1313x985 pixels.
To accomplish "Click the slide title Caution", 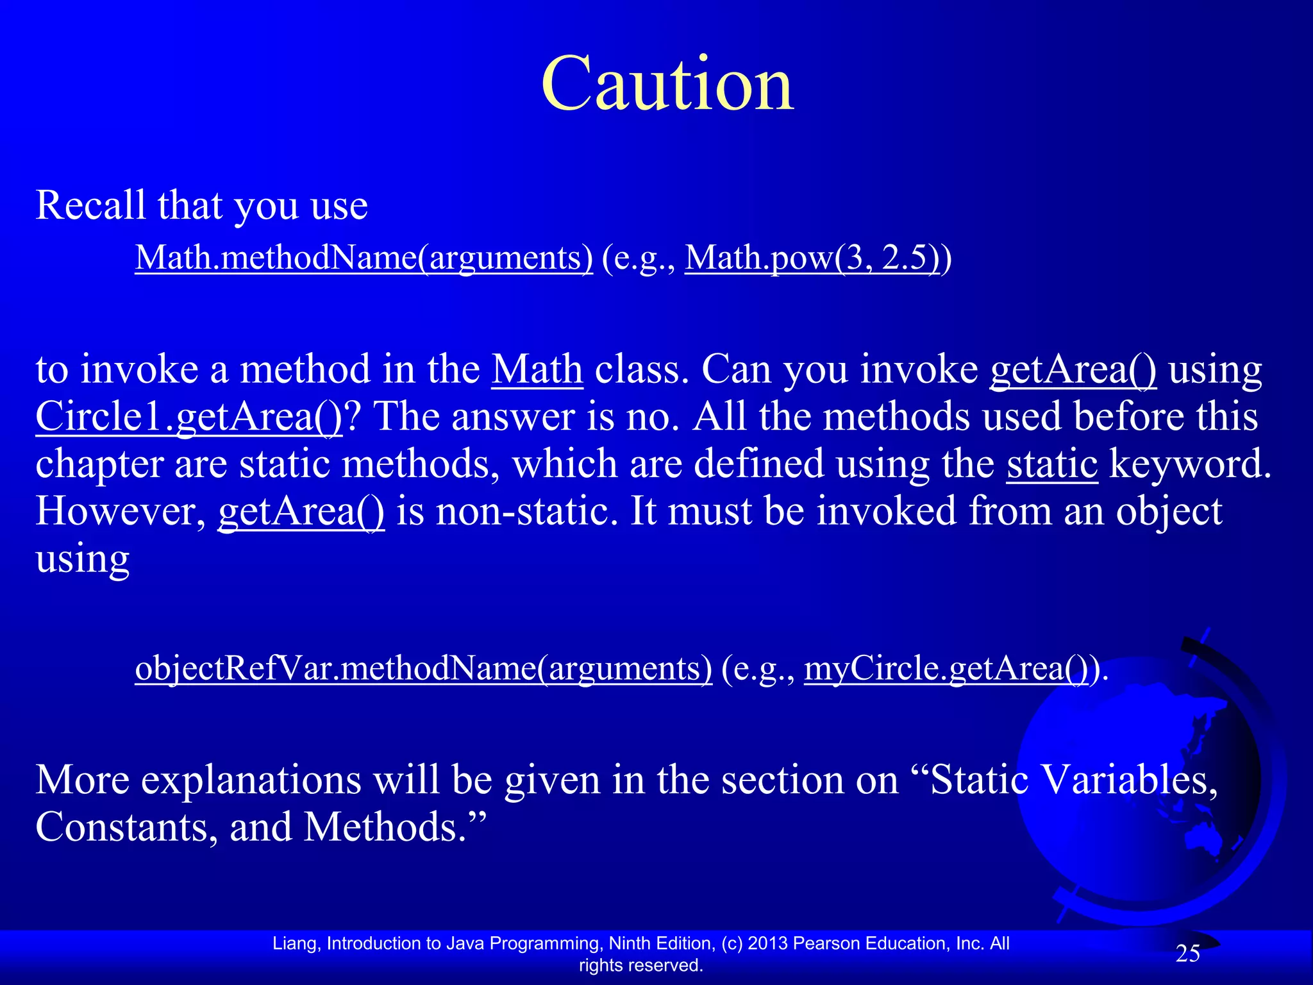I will click(667, 84).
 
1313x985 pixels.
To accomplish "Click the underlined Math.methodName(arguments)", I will click(364, 258).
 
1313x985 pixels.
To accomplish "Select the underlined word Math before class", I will click(537, 370).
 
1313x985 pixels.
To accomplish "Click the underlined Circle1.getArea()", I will click(189, 417).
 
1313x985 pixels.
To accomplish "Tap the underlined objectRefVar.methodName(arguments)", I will click(423, 668).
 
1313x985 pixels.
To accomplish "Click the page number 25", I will click(1187, 954).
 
